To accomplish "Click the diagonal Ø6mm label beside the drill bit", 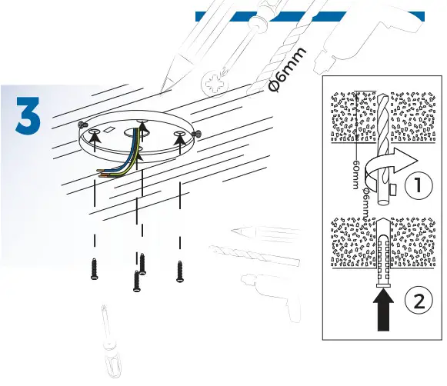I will [289, 71].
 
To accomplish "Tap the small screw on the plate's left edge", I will [83, 124].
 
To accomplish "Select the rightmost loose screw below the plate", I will [181, 269].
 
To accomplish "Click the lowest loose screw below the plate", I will [136, 282].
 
